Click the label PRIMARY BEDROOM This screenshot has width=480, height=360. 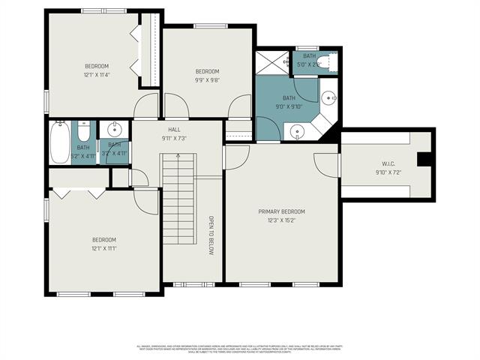point(281,211)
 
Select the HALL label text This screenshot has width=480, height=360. point(174,129)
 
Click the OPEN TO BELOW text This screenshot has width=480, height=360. point(211,237)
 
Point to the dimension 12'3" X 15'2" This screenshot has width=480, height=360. point(281,220)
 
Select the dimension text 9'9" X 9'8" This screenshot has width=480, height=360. point(206,80)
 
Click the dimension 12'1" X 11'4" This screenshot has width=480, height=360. point(97,75)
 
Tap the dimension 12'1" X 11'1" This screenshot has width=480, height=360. point(104,248)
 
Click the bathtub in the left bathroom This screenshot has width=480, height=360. point(59,142)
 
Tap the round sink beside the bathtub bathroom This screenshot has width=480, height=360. point(115,127)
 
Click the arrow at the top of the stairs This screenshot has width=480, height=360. point(178,155)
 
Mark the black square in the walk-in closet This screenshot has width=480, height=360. point(421,158)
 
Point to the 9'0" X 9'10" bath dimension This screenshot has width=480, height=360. point(289,106)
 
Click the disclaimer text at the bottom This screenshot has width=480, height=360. point(240,349)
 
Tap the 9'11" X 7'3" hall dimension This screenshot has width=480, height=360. point(174,138)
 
